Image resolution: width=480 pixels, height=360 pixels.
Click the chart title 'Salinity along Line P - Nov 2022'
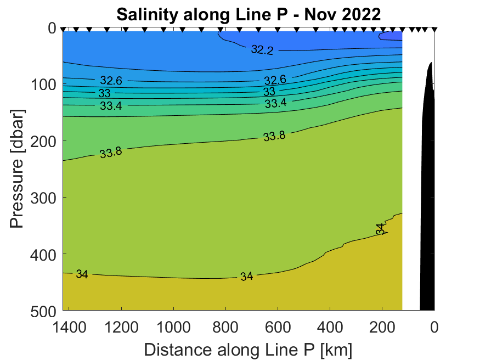click(x=248, y=14)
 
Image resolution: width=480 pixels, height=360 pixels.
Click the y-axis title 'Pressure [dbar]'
click(x=18, y=169)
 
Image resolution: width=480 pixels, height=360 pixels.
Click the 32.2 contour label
click(x=262, y=50)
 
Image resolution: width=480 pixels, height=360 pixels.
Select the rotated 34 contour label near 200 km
click(x=380, y=229)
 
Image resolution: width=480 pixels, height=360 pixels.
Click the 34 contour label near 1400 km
click(x=82, y=274)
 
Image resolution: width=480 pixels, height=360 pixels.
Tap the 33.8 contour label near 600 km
click(x=274, y=136)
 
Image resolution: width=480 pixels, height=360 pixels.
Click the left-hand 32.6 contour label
click(x=111, y=81)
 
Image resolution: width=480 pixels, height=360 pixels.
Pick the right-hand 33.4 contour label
click(x=275, y=103)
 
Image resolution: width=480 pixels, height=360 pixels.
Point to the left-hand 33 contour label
click(x=104, y=93)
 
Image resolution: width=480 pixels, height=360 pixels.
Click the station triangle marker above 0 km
click(x=434, y=29)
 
